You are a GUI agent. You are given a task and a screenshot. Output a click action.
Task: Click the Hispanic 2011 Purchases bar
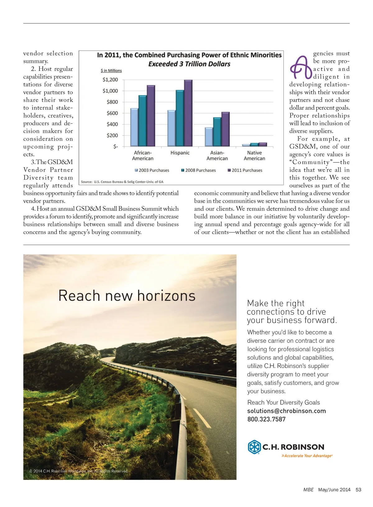[x=188, y=113]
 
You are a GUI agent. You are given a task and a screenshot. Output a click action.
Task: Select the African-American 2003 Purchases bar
[x=134, y=127]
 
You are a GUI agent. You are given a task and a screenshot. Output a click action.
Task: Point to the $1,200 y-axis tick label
[x=110, y=80]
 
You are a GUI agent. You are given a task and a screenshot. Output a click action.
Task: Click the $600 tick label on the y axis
[x=112, y=113]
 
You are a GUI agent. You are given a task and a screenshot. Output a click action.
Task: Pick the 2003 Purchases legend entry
[x=152, y=170]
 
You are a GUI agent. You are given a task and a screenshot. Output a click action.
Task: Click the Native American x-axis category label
[x=254, y=155]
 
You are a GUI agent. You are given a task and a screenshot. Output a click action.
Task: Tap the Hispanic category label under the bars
[x=180, y=153]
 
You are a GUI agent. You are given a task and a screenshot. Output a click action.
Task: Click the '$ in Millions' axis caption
[x=111, y=71]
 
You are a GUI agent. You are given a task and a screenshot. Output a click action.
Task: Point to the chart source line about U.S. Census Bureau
[x=122, y=182]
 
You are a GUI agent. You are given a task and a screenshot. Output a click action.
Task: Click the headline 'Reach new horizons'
[x=127, y=296]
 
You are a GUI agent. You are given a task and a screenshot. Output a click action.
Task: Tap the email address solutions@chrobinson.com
[x=287, y=411]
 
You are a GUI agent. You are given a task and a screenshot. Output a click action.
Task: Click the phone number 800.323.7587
[x=266, y=419]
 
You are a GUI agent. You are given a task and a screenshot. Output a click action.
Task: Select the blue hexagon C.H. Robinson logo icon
[x=254, y=447]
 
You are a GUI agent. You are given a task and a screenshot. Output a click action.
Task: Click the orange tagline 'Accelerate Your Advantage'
[x=307, y=456]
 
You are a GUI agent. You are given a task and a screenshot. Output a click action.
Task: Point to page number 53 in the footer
[x=358, y=490]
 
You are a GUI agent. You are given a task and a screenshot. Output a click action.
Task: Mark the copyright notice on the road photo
[x=79, y=471]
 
